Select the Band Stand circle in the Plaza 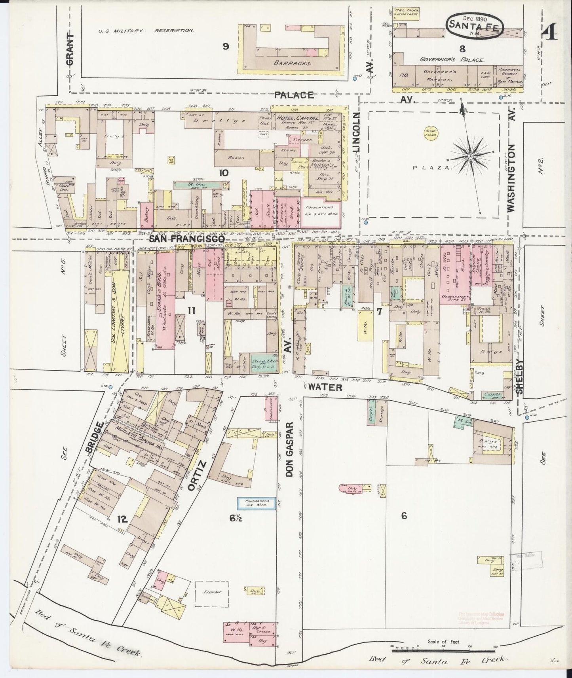point(430,133)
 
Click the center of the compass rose point(470,157)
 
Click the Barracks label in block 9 point(291,62)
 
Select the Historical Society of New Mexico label point(510,75)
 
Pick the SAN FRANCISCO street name point(186,239)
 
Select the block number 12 point(122,519)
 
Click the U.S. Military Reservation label point(146,30)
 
